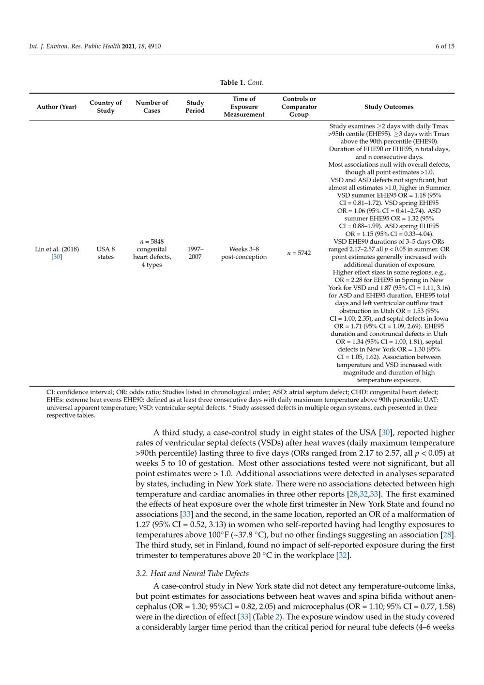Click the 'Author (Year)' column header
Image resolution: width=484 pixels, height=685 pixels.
(x=57, y=107)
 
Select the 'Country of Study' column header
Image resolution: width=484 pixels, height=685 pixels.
(x=106, y=107)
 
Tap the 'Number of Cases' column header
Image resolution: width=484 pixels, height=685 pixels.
(x=151, y=107)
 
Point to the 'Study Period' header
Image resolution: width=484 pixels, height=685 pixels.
(x=195, y=107)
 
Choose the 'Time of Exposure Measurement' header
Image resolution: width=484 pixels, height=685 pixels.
(x=244, y=107)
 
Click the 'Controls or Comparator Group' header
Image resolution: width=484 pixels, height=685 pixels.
(x=299, y=107)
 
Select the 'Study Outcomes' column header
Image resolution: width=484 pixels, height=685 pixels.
(x=389, y=107)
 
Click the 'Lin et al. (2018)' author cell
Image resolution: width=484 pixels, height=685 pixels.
(x=57, y=249)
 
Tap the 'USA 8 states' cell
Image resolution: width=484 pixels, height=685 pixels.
(x=106, y=253)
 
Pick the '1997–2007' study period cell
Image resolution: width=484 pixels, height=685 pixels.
(x=195, y=253)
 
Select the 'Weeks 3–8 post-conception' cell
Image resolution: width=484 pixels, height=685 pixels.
(x=244, y=253)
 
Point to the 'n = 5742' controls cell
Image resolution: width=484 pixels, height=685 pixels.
(x=299, y=253)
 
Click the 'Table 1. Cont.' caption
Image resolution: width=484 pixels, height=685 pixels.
(x=242, y=82)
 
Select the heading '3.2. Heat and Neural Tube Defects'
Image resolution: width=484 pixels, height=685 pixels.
(x=192, y=574)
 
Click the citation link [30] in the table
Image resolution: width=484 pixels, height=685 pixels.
(x=57, y=257)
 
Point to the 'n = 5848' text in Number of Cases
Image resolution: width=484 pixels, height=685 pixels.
(x=151, y=241)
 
